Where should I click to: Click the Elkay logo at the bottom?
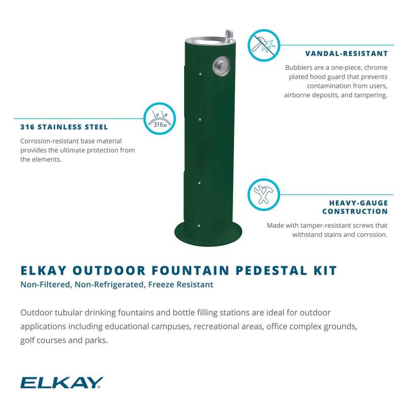tap(62, 383)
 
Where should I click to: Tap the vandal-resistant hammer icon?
tap(264, 45)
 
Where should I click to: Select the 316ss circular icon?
tap(160, 119)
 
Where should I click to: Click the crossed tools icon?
tap(264, 194)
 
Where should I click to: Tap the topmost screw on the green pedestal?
tap(200, 74)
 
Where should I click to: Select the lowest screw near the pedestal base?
tap(199, 226)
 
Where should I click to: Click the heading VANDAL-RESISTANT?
tap(346, 54)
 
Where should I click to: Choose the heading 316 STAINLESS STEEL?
tap(64, 127)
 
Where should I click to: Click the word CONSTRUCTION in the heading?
tap(355, 212)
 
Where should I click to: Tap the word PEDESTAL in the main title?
tap(272, 271)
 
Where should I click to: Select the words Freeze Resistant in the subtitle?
tap(181, 285)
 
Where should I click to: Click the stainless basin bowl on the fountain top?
tap(205, 41)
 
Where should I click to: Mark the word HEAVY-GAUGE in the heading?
tap(359, 203)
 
